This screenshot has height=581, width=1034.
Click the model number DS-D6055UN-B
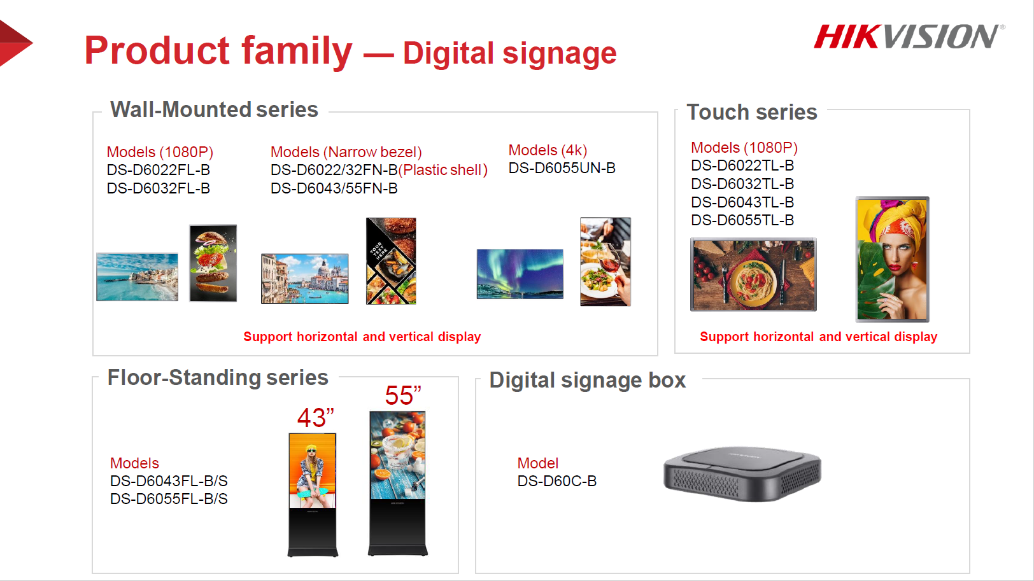click(x=562, y=168)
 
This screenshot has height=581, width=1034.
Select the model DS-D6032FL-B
click(x=159, y=188)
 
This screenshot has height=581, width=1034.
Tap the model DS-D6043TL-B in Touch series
click(x=742, y=202)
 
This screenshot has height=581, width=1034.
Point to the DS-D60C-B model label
click(x=556, y=481)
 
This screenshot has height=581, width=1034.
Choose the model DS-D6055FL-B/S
click(x=169, y=499)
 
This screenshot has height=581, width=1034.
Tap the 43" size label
click(x=315, y=418)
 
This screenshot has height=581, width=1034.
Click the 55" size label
click(x=403, y=395)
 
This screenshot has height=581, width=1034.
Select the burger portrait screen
click(x=213, y=263)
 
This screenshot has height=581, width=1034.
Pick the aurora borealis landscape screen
click(x=520, y=274)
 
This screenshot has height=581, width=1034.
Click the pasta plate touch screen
click(x=753, y=274)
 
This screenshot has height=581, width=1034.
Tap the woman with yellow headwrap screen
click(x=892, y=259)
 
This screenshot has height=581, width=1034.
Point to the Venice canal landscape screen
click(x=304, y=279)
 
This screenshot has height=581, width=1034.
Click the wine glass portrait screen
click(x=605, y=262)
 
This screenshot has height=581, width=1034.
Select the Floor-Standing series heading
click(x=218, y=377)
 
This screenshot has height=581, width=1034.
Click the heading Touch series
click(x=752, y=112)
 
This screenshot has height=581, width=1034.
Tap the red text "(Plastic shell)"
click(x=443, y=170)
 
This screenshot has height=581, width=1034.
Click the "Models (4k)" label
click(x=548, y=150)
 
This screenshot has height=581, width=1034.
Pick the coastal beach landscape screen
click(x=137, y=277)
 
